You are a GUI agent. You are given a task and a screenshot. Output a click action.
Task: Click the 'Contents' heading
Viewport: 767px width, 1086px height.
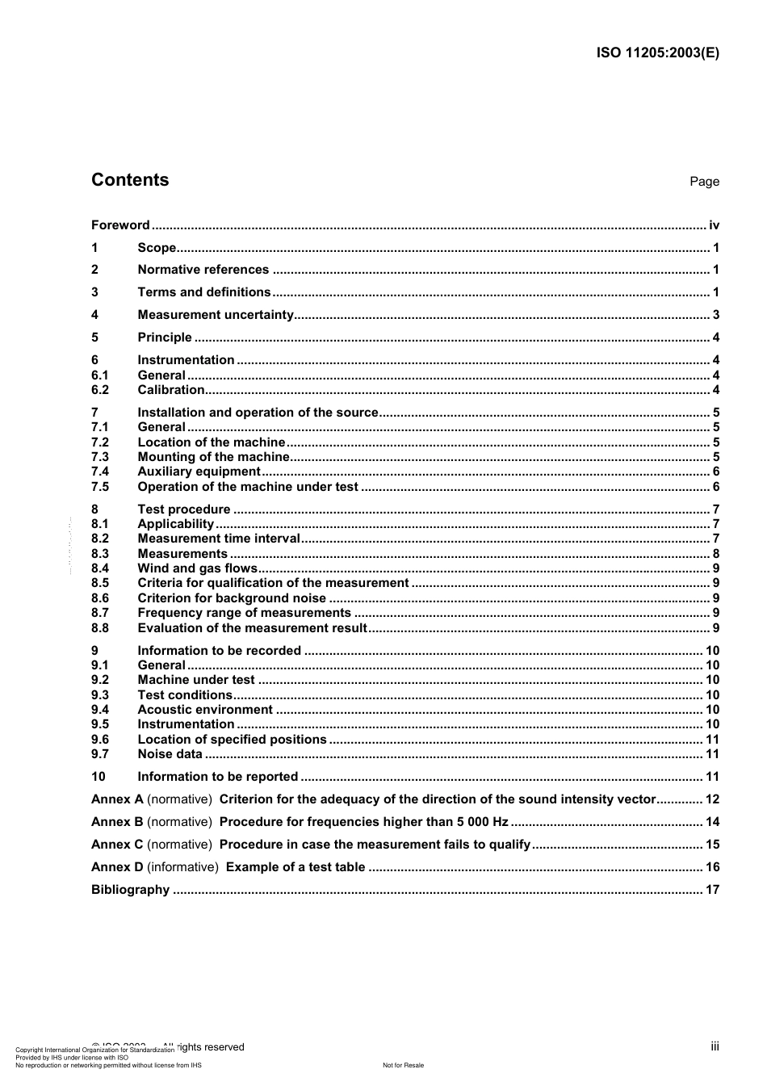(x=130, y=180)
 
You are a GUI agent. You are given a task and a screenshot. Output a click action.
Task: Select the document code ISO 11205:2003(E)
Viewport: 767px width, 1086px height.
(x=657, y=53)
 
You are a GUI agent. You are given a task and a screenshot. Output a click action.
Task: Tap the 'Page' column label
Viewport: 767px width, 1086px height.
(x=704, y=182)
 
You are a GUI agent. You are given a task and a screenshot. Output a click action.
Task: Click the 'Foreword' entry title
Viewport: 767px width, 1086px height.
(x=120, y=225)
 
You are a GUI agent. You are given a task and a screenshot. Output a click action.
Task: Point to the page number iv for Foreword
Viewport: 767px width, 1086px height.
(x=714, y=225)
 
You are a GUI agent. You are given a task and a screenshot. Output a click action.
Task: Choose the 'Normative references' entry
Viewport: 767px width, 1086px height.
(x=203, y=270)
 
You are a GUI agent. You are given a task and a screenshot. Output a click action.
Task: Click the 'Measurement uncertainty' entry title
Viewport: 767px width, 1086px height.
(x=216, y=315)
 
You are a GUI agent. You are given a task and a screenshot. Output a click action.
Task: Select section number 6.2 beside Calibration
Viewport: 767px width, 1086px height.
(x=100, y=390)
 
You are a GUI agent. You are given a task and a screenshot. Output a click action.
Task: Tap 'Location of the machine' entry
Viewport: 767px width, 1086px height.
(x=211, y=442)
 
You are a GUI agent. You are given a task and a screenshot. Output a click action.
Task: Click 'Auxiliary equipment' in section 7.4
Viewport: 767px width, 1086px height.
(x=199, y=472)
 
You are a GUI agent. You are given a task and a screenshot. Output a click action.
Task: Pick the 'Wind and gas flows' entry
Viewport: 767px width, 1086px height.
(x=197, y=568)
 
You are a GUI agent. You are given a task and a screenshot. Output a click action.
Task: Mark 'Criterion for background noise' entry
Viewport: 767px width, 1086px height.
(x=232, y=598)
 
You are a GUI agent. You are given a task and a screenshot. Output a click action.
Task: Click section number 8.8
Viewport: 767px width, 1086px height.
(x=100, y=628)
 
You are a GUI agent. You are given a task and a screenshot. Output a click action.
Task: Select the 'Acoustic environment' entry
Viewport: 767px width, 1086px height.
(x=205, y=710)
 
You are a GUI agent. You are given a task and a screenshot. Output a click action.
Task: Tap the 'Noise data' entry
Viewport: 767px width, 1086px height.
(x=170, y=754)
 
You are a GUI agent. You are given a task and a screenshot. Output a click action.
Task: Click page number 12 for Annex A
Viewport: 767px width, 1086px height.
(x=712, y=799)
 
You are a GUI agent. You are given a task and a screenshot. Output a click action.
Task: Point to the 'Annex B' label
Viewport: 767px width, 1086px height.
(x=117, y=822)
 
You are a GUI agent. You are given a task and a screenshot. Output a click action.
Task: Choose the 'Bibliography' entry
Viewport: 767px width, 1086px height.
(x=130, y=890)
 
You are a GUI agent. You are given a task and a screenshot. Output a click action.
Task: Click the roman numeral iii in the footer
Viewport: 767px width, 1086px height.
(x=715, y=1046)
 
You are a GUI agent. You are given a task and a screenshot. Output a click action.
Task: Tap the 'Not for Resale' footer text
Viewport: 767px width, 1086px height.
(x=403, y=1065)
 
